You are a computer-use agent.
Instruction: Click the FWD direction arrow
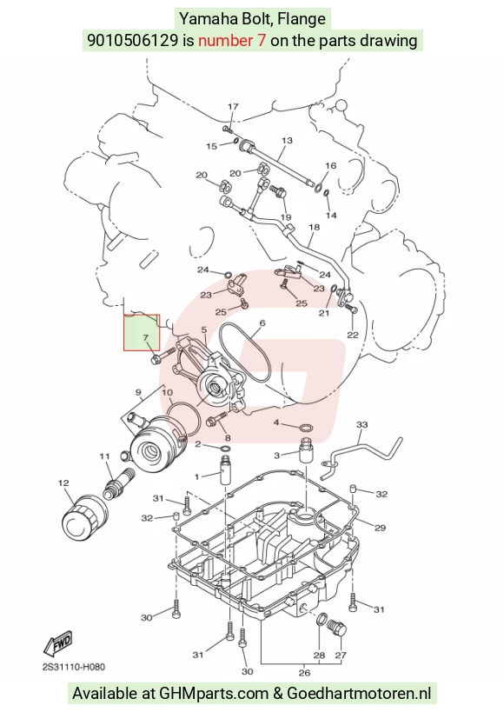click(x=58, y=642)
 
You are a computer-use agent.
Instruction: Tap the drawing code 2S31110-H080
click(x=74, y=667)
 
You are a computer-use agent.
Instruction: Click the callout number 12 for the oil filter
click(x=63, y=483)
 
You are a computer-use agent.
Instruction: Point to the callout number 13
click(x=287, y=140)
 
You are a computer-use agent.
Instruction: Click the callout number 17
click(x=233, y=106)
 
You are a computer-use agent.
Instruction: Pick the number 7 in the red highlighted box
click(x=145, y=338)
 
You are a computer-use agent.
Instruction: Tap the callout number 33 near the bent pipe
click(x=361, y=424)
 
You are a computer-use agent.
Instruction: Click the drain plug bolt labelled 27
click(x=337, y=629)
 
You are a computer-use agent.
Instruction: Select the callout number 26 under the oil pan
click(x=305, y=673)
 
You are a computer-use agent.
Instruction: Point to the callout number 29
click(x=380, y=528)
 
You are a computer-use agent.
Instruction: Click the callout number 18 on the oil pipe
click(x=315, y=227)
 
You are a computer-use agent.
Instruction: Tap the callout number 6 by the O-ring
click(x=262, y=323)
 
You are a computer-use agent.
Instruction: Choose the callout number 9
click(x=138, y=392)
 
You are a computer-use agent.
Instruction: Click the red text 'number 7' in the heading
click(x=232, y=40)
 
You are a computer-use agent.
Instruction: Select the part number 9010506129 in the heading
click(x=133, y=40)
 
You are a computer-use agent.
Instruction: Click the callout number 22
click(x=353, y=335)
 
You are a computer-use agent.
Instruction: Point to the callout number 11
click(x=105, y=456)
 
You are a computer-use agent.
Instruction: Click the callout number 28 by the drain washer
click(x=319, y=655)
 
